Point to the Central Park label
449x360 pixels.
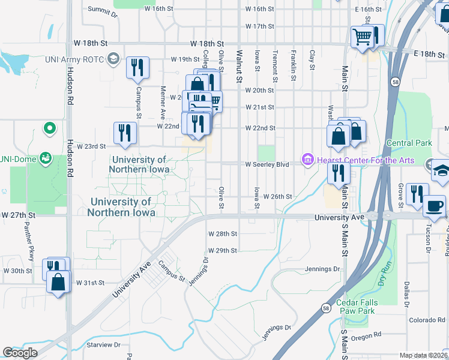409,143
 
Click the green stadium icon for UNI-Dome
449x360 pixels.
44,158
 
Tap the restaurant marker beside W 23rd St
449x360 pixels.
125,133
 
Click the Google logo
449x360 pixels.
20,353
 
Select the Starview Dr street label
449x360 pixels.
104,345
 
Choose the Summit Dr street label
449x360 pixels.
100,9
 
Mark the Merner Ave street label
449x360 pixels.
162,103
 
